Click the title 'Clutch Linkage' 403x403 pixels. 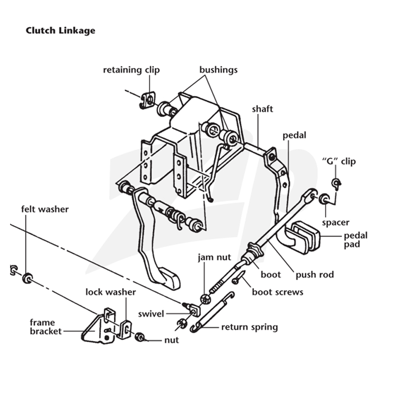pos(60,31)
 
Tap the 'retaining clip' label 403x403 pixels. pos(131,70)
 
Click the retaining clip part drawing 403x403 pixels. pos(148,100)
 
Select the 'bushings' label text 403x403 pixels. pos(219,70)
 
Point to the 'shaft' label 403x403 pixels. pos(262,109)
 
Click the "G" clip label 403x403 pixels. pos(339,161)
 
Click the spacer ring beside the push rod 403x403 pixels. pos(324,198)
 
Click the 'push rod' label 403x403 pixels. pos(315,275)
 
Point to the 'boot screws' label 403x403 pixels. pos(278,292)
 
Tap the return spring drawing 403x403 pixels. pos(213,312)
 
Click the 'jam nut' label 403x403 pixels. pos(215,257)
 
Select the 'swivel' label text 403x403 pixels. pos(151,314)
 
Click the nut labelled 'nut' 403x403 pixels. pos(140,337)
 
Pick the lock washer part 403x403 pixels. pos(124,329)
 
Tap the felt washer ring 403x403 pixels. pos(27,279)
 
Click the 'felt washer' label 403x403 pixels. pos(45,209)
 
